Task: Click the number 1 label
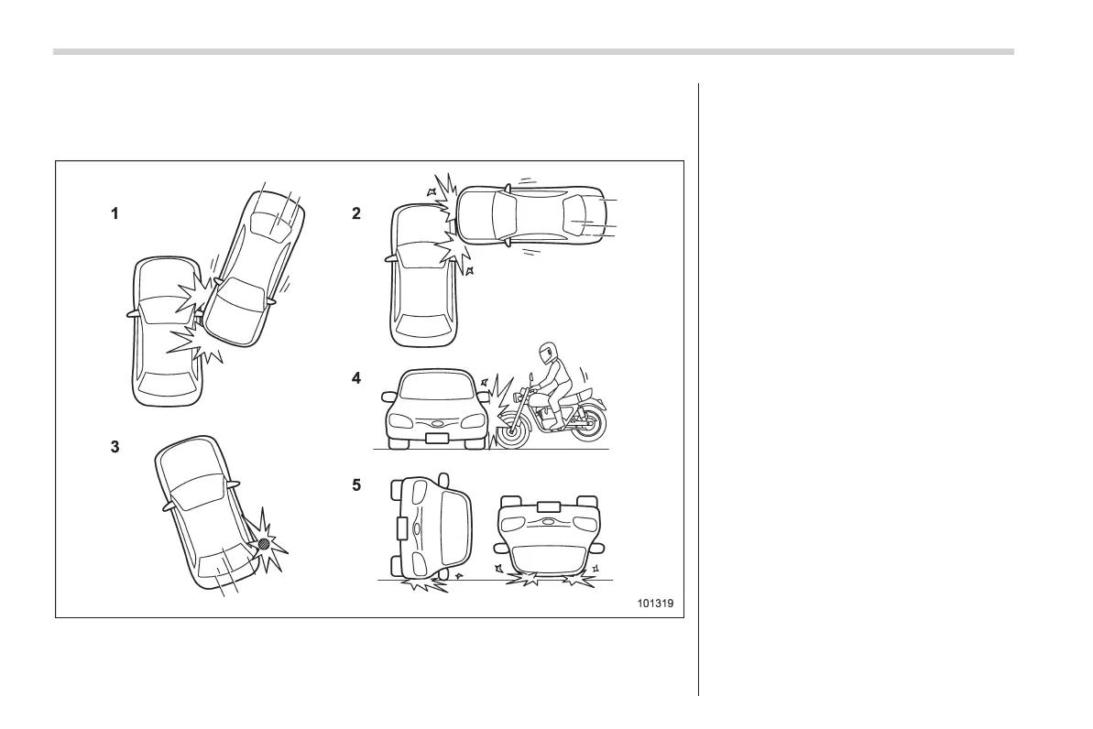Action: (x=115, y=214)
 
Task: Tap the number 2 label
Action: (x=356, y=214)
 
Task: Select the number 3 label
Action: (x=115, y=450)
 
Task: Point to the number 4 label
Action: (x=356, y=377)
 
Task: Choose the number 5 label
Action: (x=356, y=486)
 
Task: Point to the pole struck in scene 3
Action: (x=264, y=543)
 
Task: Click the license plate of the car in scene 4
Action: (x=438, y=438)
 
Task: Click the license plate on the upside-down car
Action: (x=548, y=506)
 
